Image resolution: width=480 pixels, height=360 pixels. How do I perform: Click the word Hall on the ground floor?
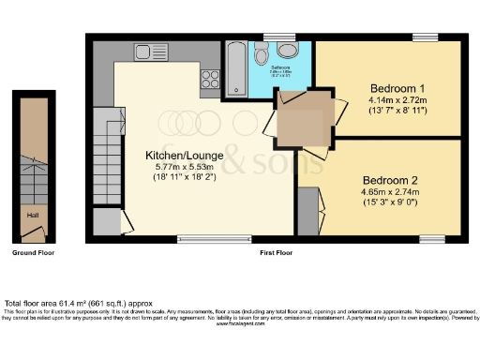31,215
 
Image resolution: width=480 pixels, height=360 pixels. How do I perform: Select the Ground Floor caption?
32,254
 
